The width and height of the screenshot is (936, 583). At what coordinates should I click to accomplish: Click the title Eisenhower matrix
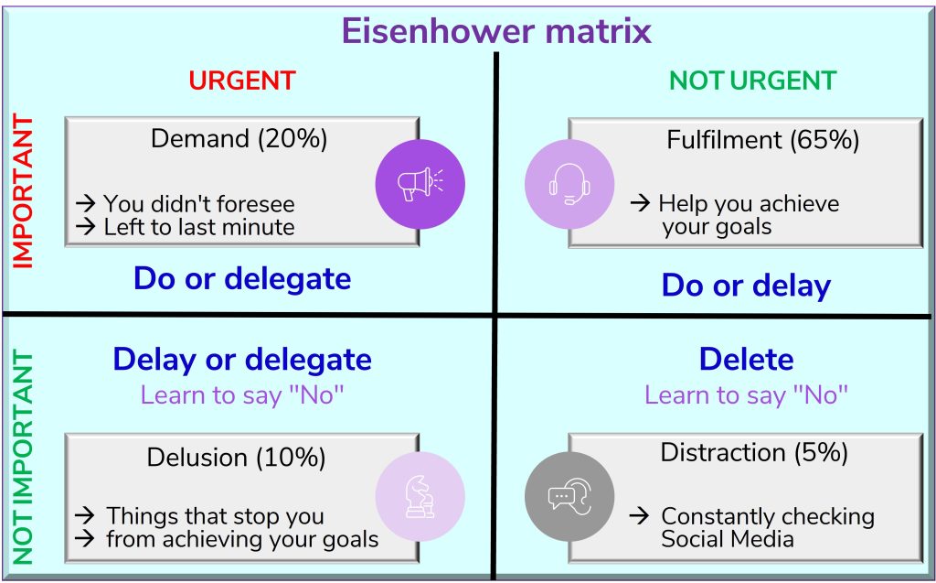(496, 30)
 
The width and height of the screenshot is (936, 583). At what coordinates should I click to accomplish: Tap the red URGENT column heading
(242, 81)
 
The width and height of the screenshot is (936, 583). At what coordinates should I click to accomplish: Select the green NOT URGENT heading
(753, 81)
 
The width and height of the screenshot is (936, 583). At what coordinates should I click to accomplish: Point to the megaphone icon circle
(420, 184)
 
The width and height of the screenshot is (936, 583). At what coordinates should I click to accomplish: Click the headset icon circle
(569, 184)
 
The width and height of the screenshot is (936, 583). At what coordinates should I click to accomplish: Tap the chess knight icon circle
(420, 496)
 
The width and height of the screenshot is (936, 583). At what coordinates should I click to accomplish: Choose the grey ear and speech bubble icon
(569, 496)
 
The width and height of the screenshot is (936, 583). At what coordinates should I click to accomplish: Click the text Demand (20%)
(239, 139)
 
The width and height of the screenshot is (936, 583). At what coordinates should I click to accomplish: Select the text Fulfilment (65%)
(763, 140)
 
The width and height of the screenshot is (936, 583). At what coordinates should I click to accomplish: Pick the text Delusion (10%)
(237, 458)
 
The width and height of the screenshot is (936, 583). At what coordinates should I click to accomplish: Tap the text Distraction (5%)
(754, 453)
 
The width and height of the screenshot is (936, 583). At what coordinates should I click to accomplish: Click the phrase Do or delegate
(242, 278)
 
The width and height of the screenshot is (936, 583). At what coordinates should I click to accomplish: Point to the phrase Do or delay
(746, 286)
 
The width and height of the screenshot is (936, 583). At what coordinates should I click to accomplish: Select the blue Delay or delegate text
(242, 360)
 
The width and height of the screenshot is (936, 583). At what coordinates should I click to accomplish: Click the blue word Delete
(746, 360)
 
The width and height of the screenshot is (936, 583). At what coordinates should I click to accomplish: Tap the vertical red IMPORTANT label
(23, 191)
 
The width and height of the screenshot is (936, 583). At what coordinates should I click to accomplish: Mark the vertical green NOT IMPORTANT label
(23, 458)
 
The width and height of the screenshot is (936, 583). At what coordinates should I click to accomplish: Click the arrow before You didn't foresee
(85, 203)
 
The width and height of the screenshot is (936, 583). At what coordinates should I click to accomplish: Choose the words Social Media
(727, 539)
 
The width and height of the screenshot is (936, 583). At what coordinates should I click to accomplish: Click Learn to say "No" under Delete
(746, 395)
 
